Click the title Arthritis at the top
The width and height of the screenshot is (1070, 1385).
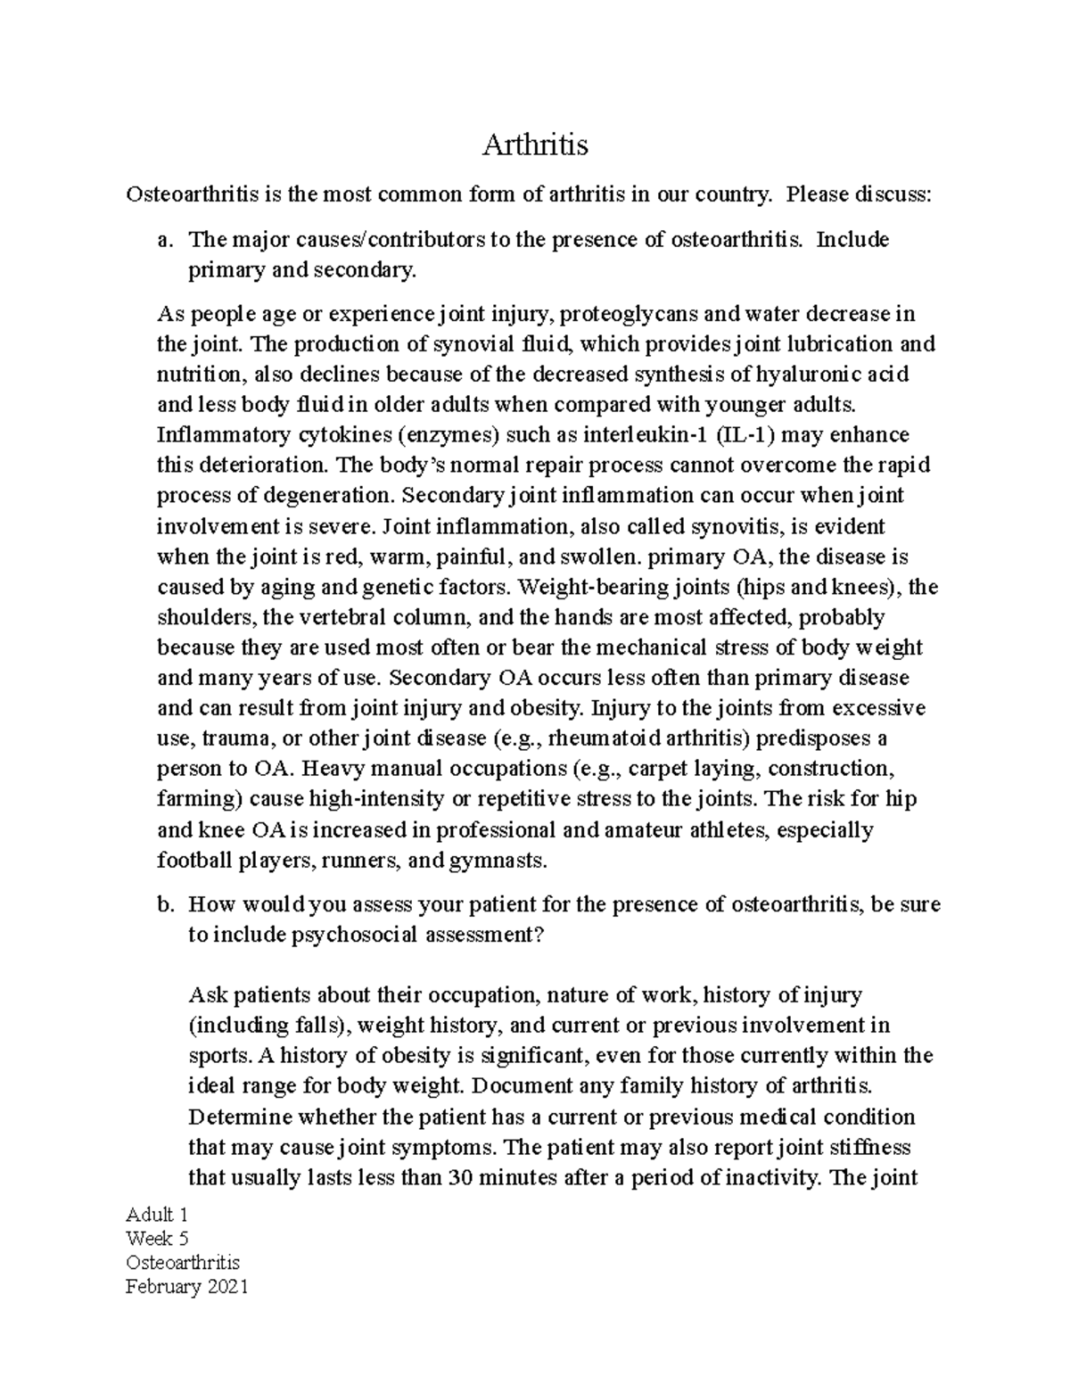535,144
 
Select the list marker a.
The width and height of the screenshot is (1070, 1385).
162,240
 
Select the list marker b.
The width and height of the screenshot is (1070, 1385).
162,904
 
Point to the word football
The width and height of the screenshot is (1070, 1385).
193,861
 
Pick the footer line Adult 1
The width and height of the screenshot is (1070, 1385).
156,1215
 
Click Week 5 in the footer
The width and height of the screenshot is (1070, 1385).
157,1238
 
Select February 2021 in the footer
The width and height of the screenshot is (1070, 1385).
186,1286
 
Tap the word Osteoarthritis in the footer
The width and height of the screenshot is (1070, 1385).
183,1262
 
